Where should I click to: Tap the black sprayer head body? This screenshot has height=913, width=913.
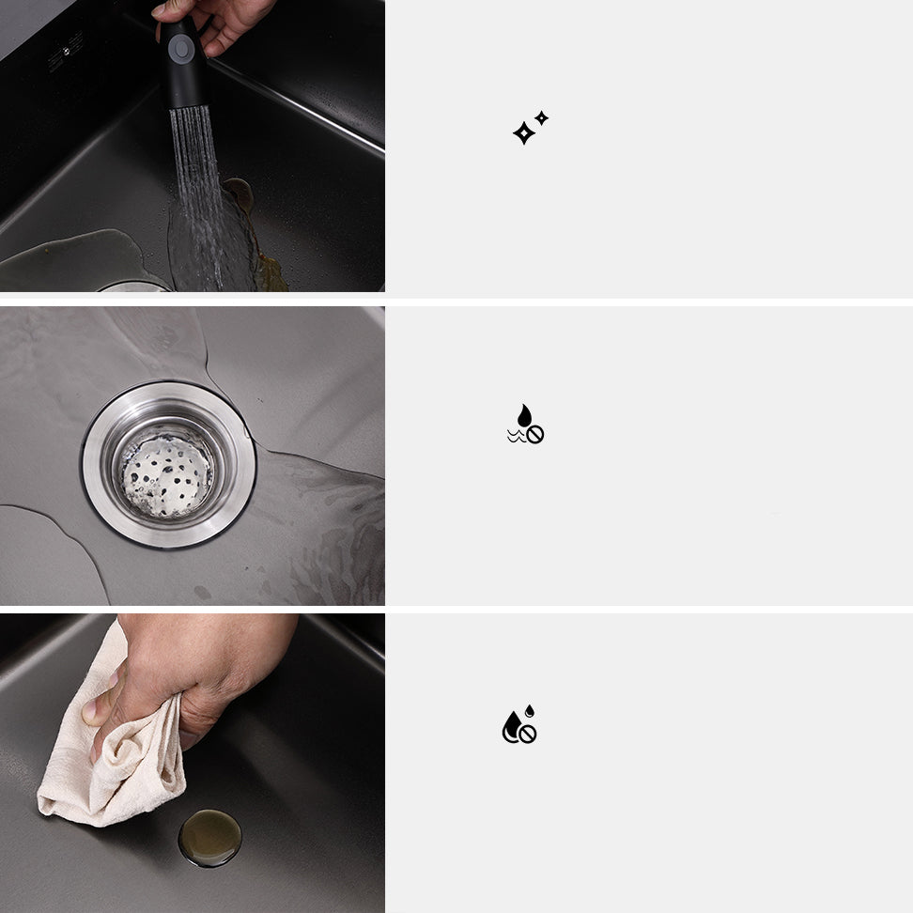(185, 70)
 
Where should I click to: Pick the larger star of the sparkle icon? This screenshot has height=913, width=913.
(523, 133)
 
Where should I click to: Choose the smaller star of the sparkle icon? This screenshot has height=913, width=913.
(541, 117)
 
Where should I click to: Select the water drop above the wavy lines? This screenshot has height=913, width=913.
(524, 415)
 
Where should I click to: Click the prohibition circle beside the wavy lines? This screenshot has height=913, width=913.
(535, 435)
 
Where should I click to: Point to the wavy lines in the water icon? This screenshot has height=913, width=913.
(516, 437)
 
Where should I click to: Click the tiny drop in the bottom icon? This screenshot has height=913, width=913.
(530, 710)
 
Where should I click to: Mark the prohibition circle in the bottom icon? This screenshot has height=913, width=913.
(527, 735)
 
